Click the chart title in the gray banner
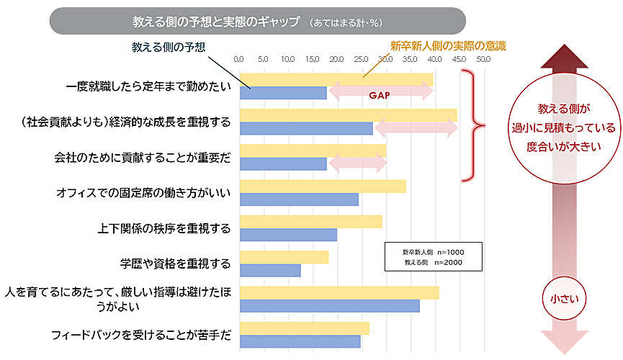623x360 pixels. (x=216, y=21)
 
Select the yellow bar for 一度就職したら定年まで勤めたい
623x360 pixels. (x=336, y=78)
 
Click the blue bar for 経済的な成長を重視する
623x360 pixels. (x=306, y=128)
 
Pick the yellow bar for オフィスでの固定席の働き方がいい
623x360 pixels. (x=322, y=186)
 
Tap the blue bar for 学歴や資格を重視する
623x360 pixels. (x=270, y=270)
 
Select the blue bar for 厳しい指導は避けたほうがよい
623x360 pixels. (x=329, y=305)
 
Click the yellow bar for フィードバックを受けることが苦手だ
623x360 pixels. (x=304, y=328)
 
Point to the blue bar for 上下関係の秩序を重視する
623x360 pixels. (x=288, y=235)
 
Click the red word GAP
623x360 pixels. (x=380, y=94)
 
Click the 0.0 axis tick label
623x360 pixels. (x=240, y=60)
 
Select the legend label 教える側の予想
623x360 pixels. (x=169, y=47)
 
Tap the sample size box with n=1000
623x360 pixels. (x=433, y=258)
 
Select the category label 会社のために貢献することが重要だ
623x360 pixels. (x=143, y=158)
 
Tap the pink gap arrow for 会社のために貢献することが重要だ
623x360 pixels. (x=357, y=163)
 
